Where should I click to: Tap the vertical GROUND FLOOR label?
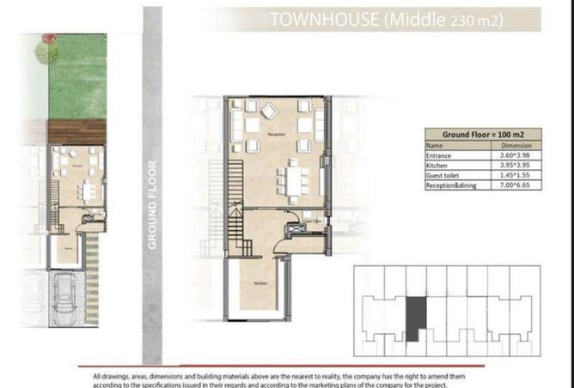[x=153, y=205]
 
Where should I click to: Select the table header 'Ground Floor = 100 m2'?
[x=483, y=135]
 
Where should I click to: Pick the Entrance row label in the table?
[x=440, y=155]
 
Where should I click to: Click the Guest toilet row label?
[x=443, y=176]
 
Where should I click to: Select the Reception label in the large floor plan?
[x=276, y=135]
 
